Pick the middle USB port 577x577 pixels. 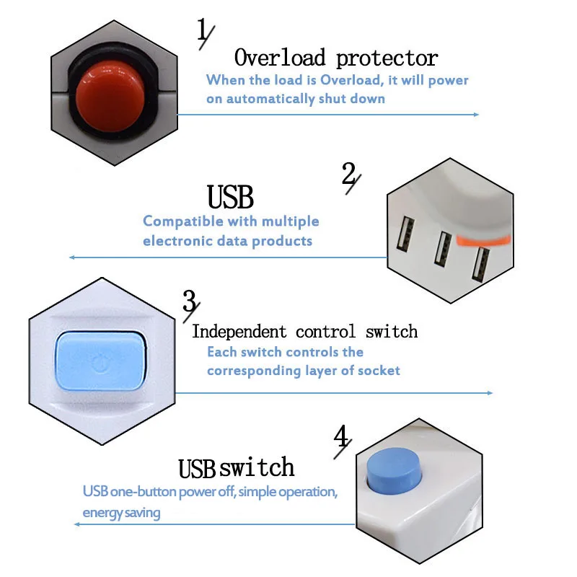click(441, 250)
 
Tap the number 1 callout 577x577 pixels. click(204, 32)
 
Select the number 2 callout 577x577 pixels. click(350, 177)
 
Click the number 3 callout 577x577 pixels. click(190, 303)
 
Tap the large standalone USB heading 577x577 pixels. click(230, 197)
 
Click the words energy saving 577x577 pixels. click(121, 513)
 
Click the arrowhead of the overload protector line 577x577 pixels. click(475, 114)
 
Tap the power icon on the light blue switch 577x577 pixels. click(100, 360)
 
